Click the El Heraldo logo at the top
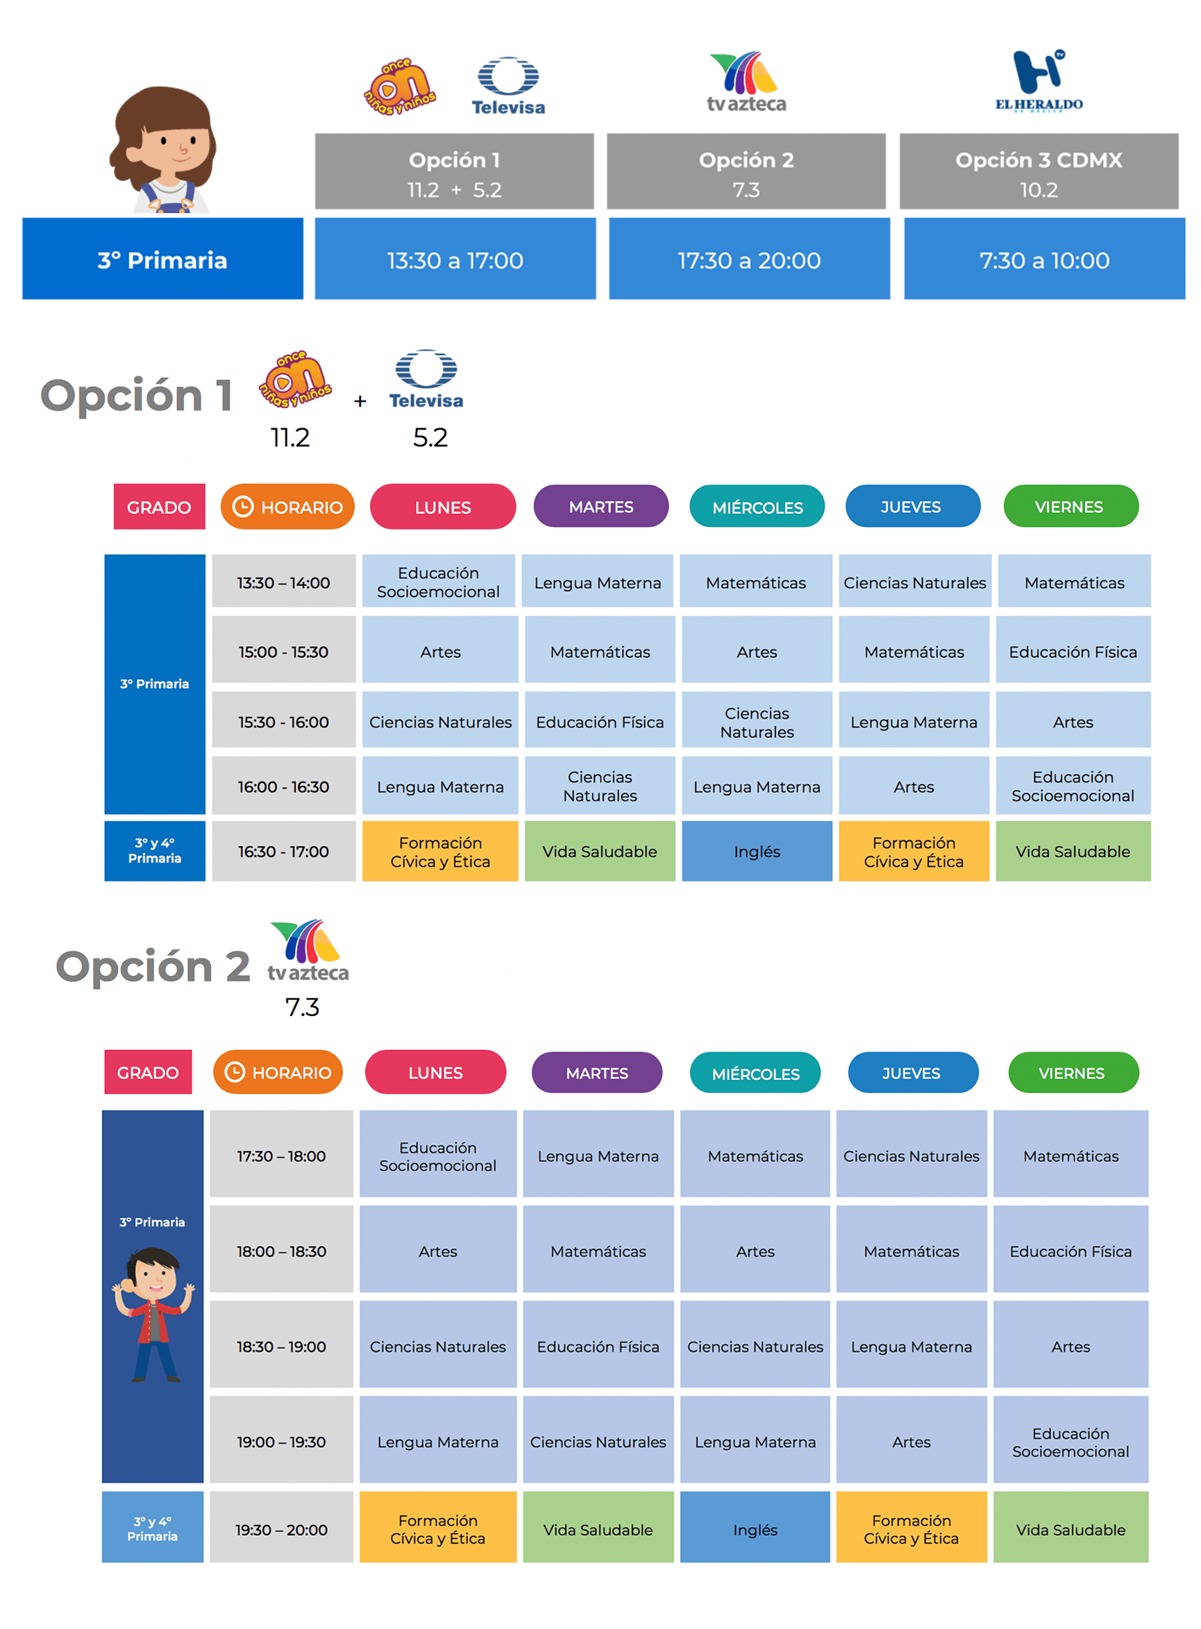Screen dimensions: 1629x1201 point(1038,81)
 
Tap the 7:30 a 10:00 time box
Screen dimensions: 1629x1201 point(1044,260)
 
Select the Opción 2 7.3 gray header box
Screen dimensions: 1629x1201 point(746,172)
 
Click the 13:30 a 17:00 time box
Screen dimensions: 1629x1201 point(455,260)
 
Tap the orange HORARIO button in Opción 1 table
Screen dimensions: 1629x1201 point(287,507)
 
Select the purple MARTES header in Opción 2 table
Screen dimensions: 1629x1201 point(597,1072)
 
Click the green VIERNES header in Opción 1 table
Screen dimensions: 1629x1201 point(1070,507)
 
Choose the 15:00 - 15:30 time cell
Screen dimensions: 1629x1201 point(283,651)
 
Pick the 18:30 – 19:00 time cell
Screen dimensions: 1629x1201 point(281,1346)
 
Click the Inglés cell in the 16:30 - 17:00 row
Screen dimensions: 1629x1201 point(756,851)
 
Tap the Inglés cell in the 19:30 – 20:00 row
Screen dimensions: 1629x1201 point(755,1530)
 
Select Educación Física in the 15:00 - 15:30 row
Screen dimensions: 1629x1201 point(1073,651)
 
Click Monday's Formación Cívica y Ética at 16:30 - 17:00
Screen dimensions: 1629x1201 point(440,851)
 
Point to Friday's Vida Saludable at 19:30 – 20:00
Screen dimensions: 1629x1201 point(1070,1530)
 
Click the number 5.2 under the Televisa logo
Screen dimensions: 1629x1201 point(430,437)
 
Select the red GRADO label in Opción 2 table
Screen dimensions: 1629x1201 point(148,1072)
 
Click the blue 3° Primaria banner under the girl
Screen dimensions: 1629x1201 point(162,260)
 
